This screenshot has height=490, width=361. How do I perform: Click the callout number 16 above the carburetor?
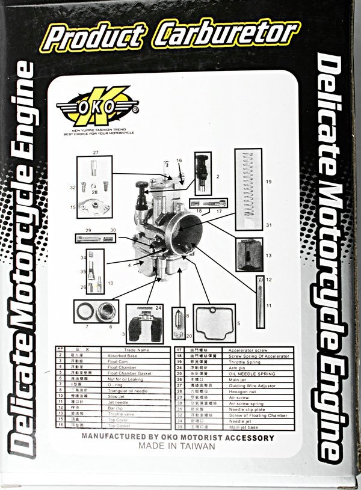[179, 161]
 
